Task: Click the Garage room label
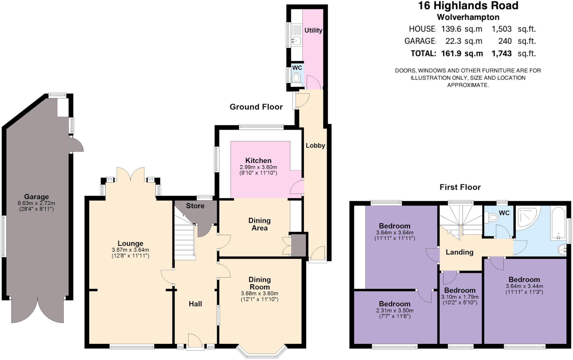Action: (36, 197)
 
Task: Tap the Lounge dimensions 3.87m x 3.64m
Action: (130, 250)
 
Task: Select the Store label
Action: (195, 206)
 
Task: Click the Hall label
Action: (195, 304)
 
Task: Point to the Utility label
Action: (313, 30)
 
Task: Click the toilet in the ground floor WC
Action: (296, 78)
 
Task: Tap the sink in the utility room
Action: (296, 41)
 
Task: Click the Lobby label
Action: (315, 146)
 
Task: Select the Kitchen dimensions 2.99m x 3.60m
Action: (258, 167)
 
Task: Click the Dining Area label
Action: (259, 224)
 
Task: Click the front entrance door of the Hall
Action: (195, 342)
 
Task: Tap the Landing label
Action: (459, 252)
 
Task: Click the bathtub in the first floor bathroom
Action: (558, 224)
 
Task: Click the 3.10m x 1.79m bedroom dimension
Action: (460, 297)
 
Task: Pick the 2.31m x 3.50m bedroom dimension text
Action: (394, 310)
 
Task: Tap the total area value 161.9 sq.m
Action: (462, 53)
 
